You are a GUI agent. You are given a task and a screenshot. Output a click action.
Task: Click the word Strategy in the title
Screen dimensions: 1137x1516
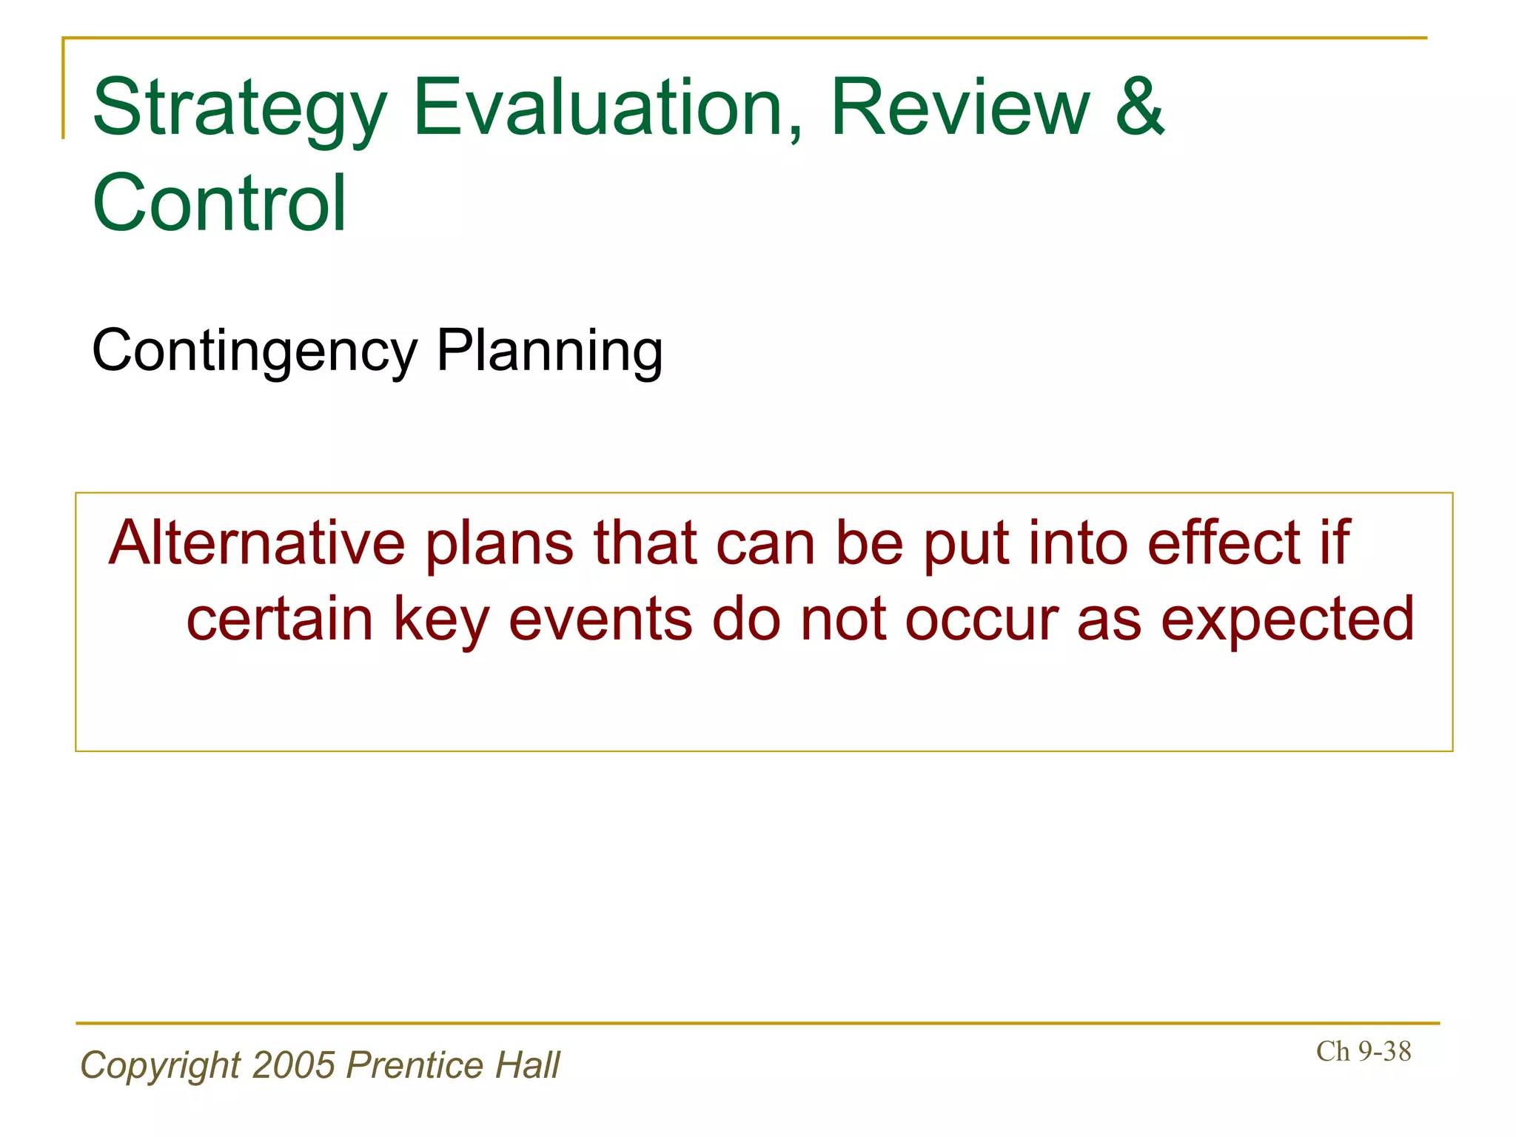pos(239,110)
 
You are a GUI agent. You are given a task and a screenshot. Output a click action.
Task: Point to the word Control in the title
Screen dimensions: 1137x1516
pos(219,203)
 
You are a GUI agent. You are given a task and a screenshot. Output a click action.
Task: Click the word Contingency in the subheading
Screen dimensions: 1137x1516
pos(255,351)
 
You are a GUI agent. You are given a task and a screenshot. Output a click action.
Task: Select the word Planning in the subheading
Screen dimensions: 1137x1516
pos(549,351)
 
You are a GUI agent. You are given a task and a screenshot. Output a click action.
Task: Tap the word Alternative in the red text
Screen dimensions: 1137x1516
pos(257,543)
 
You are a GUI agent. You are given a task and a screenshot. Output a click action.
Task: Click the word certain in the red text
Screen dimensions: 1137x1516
pos(279,620)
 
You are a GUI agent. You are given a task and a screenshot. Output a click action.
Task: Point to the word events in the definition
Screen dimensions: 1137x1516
pos(600,620)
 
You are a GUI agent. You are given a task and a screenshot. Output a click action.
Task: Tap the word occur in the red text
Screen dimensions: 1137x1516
pos(982,621)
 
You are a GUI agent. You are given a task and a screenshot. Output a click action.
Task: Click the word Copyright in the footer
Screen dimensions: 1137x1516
pos(160,1066)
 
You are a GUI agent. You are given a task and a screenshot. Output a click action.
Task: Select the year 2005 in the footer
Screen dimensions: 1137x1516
pos(294,1066)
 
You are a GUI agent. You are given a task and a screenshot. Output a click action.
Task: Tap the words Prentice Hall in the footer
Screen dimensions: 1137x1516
pos(453,1066)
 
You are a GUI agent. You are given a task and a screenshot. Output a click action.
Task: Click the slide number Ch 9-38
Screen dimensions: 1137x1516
pos(1364,1051)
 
